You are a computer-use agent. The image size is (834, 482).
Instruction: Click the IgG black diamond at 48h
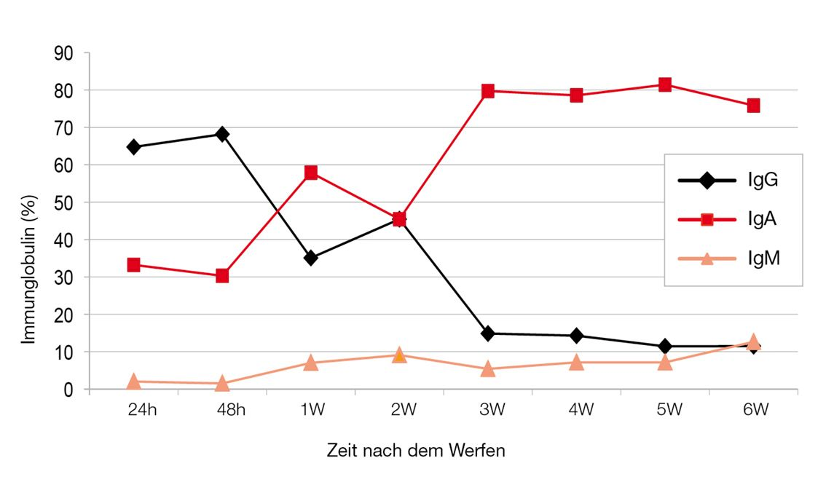[x=222, y=134]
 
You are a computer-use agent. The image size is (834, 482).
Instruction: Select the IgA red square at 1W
[x=311, y=173]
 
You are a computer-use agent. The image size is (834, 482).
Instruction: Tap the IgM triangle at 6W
[x=753, y=341]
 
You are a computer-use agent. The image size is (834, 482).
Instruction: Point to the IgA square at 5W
[x=665, y=84]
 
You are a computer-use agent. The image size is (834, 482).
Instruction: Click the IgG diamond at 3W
[x=488, y=333]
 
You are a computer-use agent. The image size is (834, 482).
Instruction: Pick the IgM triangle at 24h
[x=133, y=381]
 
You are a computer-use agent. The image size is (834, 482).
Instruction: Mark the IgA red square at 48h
[x=222, y=276]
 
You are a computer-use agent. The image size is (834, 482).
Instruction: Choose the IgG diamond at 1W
[x=311, y=258]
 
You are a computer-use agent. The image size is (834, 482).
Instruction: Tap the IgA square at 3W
[x=488, y=91]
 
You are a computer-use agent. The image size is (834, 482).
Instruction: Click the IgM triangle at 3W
[x=488, y=368]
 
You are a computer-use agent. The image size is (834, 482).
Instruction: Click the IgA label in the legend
[x=763, y=218]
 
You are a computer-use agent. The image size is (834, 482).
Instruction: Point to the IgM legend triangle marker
[x=707, y=257]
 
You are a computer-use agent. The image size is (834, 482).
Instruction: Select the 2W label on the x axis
[x=403, y=410]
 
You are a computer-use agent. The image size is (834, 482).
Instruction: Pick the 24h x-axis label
[x=141, y=410]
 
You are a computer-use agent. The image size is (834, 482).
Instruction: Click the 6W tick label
[x=756, y=410]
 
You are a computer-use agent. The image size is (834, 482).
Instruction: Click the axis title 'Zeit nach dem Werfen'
[x=415, y=451]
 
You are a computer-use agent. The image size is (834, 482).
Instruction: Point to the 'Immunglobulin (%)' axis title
[x=28, y=269]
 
